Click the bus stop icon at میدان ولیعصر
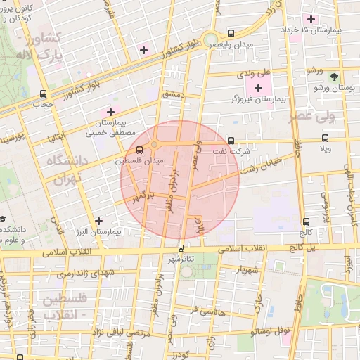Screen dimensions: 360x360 231,33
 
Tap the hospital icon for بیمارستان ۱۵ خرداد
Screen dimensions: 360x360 311,18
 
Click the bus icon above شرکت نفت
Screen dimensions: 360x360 231,140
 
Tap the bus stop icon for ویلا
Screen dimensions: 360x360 324,138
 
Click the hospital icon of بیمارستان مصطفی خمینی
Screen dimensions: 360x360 110,112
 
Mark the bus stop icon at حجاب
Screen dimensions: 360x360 44,94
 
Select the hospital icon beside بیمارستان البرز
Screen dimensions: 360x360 98,221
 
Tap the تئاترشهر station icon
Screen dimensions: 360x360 181,248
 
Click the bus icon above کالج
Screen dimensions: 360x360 305,221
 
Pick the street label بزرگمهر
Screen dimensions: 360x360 144,194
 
